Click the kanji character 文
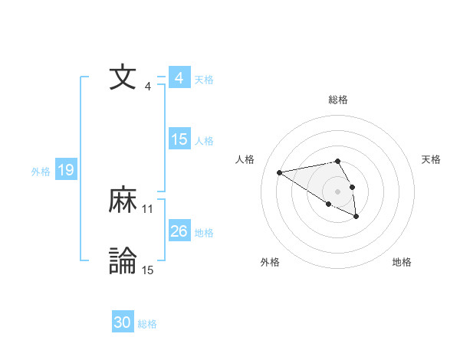point(123,78)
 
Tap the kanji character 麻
point(123,201)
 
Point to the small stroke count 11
point(148,209)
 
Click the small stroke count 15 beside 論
point(148,270)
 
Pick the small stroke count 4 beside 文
point(148,87)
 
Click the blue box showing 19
point(66,170)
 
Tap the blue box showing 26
point(179,231)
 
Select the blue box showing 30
point(123,322)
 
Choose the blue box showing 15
point(179,139)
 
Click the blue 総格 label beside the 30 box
point(147,324)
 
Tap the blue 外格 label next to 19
point(41,172)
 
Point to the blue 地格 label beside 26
point(204,233)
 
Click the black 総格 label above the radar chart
point(338,100)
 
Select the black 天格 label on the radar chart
point(432,159)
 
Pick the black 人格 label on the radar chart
point(245,159)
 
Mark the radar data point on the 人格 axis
point(280,172)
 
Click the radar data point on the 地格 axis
point(356,217)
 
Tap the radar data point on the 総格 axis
point(338,161)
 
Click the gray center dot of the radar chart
point(338,191)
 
